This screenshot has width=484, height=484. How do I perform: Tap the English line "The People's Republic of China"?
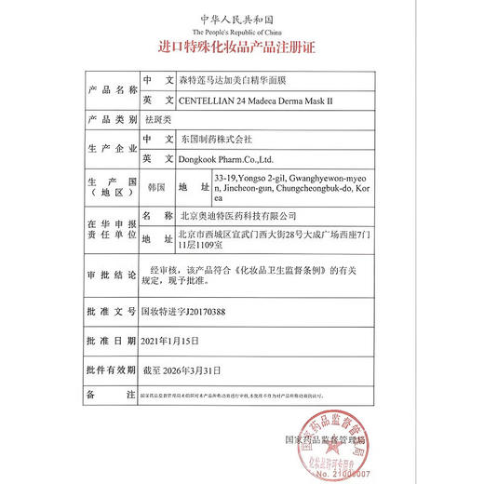[242, 31]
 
